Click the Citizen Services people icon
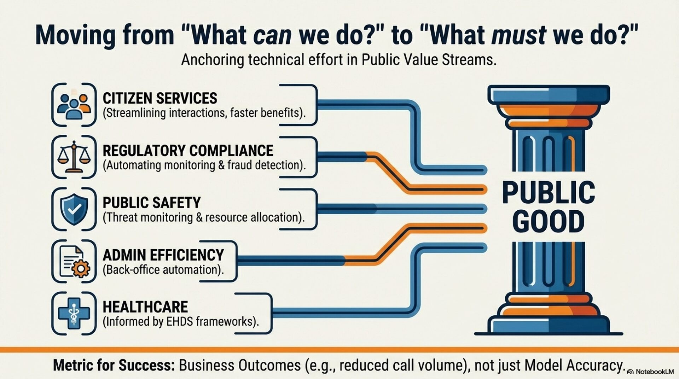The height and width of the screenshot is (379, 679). (74, 105)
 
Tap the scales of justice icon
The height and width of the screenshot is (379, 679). (74, 157)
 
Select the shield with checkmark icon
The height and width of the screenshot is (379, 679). (74, 209)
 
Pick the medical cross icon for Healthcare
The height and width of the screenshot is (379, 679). (74, 313)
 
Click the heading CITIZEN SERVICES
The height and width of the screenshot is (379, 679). (160, 98)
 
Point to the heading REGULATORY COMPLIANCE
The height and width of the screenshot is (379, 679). (188, 151)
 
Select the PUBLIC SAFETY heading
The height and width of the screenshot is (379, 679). (152, 203)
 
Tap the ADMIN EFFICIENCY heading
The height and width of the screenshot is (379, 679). (163, 255)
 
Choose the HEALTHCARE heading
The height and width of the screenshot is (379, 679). (145, 307)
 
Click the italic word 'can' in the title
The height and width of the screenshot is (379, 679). (273, 35)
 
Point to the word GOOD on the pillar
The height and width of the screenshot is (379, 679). (548, 221)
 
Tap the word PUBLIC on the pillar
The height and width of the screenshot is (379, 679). (548, 192)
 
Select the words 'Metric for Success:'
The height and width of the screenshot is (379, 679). (114, 365)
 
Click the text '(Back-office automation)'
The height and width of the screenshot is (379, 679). (163, 270)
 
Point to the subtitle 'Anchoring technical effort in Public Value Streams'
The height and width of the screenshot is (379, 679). (339, 59)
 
